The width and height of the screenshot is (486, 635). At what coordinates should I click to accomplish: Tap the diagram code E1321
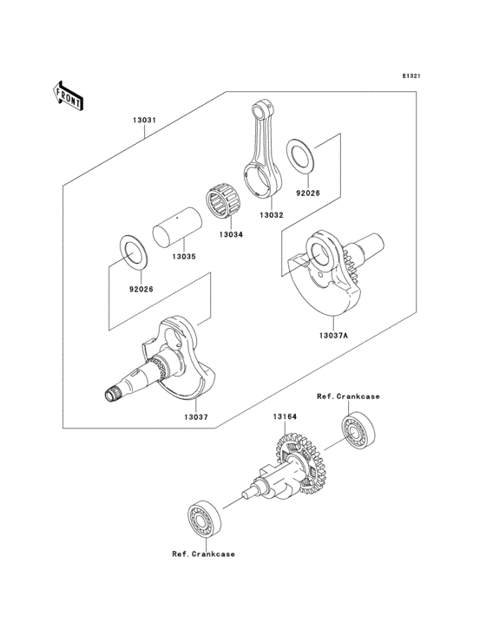click(x=411, y=76)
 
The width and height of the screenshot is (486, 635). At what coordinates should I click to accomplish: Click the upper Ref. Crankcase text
click(x=348, y=396)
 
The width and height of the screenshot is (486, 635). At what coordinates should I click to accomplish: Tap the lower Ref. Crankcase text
click(x=202, y=553)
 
